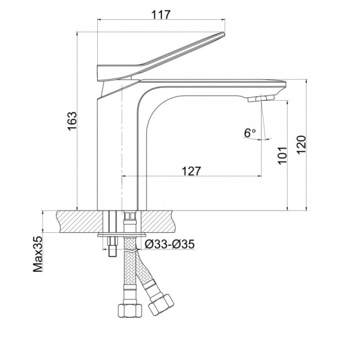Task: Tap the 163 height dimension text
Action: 72,121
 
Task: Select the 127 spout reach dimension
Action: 191,171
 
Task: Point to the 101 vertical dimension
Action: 282,155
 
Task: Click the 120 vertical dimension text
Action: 301,144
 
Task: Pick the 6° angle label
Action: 250,133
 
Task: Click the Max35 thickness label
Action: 38,254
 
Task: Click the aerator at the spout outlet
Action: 261,99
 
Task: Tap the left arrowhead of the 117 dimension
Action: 100,20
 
